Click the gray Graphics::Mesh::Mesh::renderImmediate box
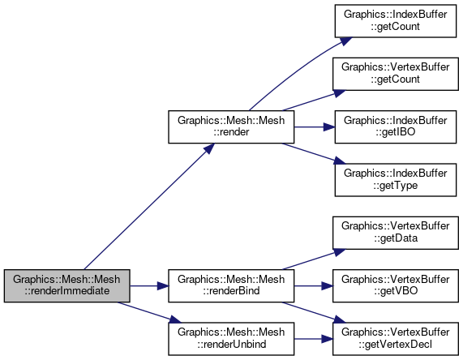(x=67, y=285)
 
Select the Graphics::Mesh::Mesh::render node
(x=231, y=127)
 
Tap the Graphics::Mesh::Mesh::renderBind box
(x=231, y=285)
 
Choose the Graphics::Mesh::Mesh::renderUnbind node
(x=231, y=339)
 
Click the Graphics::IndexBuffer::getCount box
(x=396, y=21)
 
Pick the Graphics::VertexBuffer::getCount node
(x=396, y=74)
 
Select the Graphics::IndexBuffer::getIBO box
(x=396, y=127)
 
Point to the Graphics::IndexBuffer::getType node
(x=396, y=180)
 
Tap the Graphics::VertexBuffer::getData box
(x=396, y=233)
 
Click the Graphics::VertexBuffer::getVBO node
(x=396, y=285)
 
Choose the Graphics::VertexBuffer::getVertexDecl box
(x=396, y=339)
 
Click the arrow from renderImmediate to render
(x=149, y=207)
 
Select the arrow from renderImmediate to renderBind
(x=149, y=286)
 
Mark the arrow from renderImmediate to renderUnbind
(x=149, y=312)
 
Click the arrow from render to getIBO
(x=315, y=127)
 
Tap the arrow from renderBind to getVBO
(x=314, y=286)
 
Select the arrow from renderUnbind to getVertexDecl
(x=314, y=339)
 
